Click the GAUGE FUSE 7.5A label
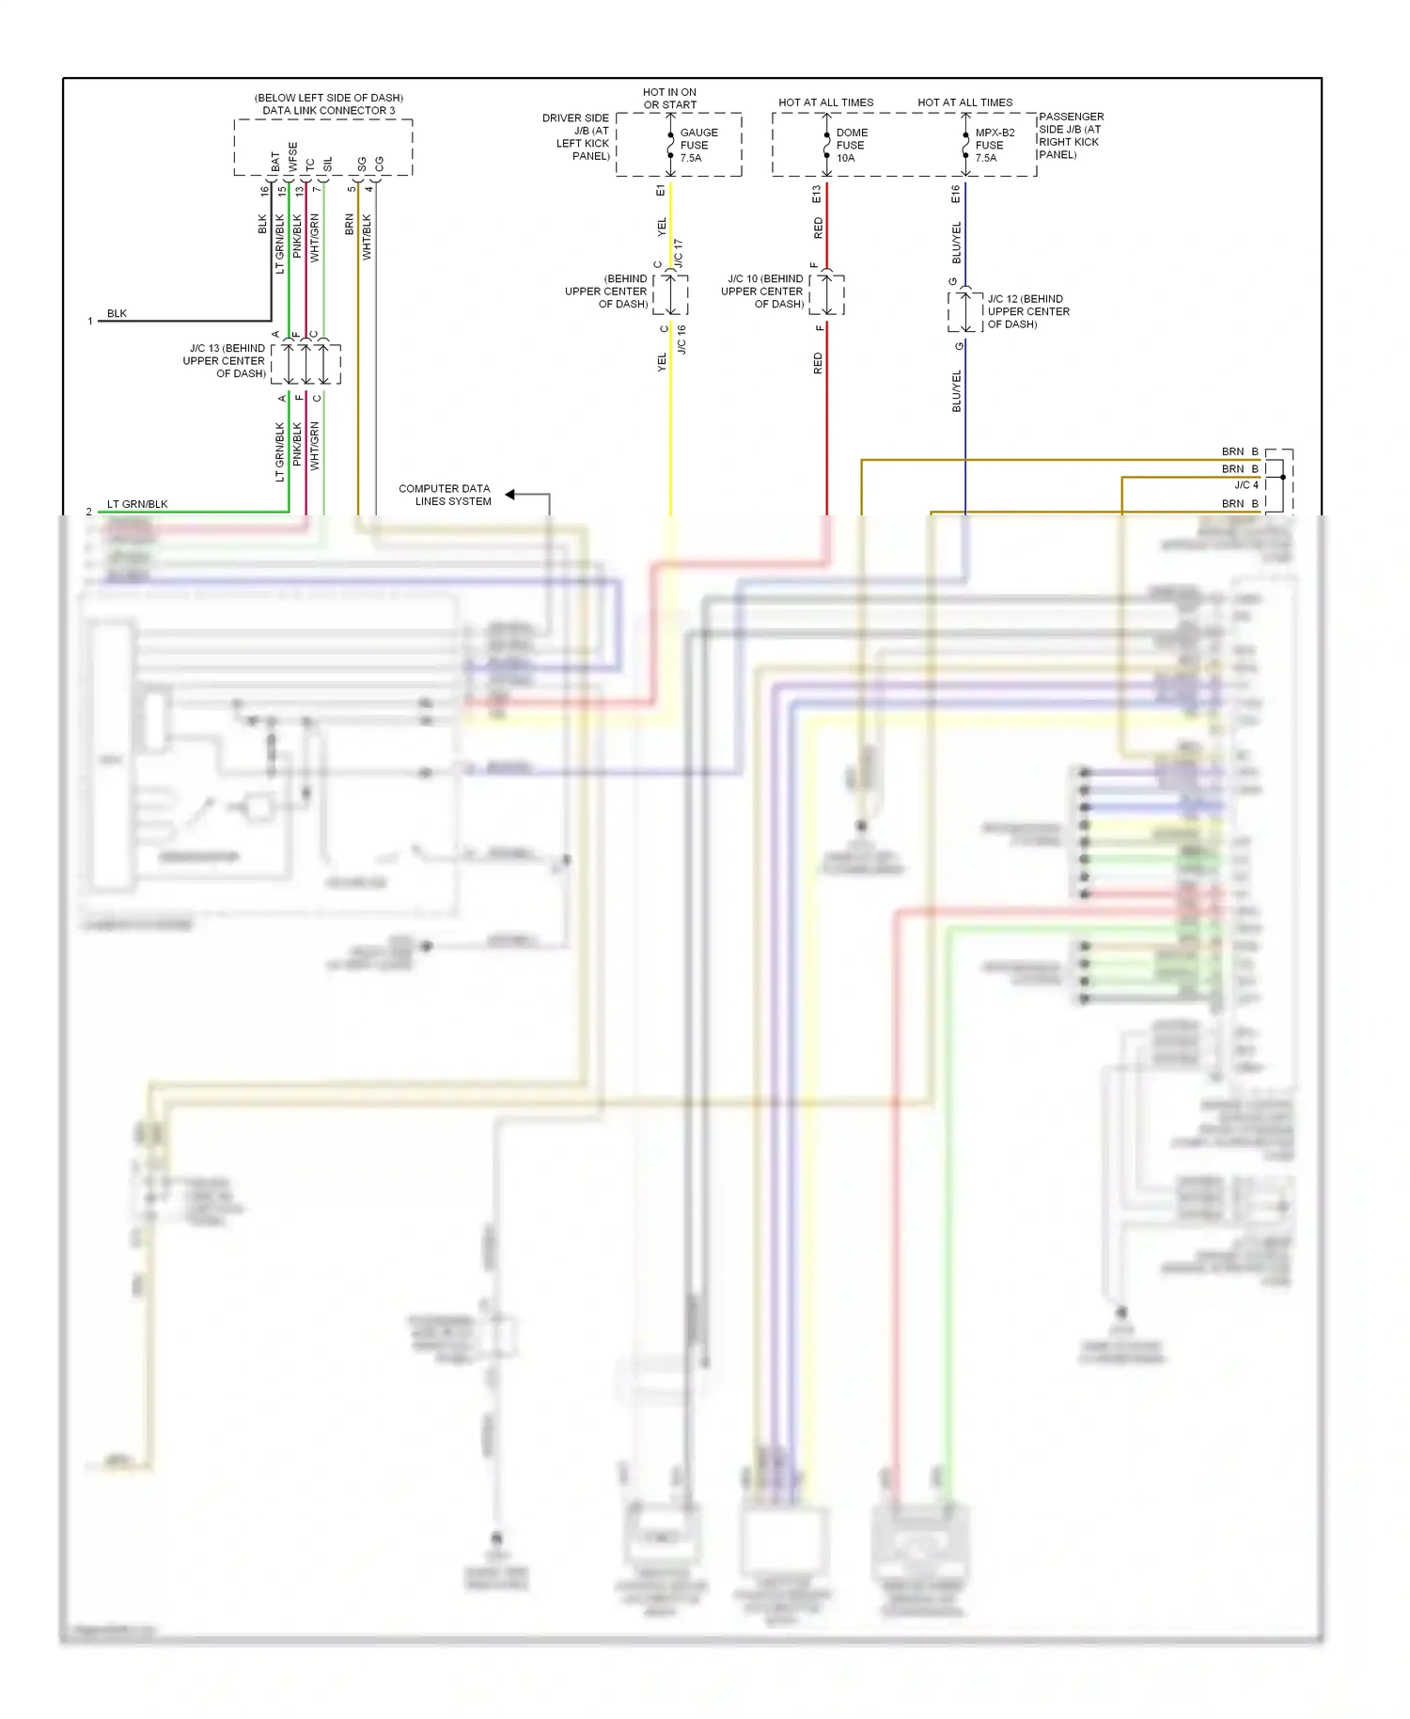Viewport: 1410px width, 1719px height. point(697,145)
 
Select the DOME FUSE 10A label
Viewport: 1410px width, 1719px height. point(852,145)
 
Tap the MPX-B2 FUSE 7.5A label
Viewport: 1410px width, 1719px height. point(994,145)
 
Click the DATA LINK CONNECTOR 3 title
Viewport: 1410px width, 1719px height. point(328,110)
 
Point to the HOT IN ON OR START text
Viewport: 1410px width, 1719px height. point(669,99)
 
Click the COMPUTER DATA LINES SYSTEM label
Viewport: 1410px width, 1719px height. point(445,495)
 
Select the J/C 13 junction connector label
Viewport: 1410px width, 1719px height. point(226,360)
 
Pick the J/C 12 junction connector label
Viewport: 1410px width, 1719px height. point(1027,311)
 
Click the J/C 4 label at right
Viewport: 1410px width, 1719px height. point(1245,485)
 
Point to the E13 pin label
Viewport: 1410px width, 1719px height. point(816,194)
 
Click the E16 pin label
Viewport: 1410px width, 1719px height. point(955,194)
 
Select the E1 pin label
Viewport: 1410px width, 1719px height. point(660,191)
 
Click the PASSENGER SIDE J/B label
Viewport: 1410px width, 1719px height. point(1070,135)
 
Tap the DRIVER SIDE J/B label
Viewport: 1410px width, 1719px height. point(576,137)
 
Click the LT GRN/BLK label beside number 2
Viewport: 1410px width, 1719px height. point(137,504)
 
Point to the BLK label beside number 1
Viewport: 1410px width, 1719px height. point(117,313)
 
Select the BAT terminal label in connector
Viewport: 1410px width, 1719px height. point(275,162)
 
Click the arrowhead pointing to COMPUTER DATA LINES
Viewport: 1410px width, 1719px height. point(510,494)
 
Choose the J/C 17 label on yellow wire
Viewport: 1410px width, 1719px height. point(679,253)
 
